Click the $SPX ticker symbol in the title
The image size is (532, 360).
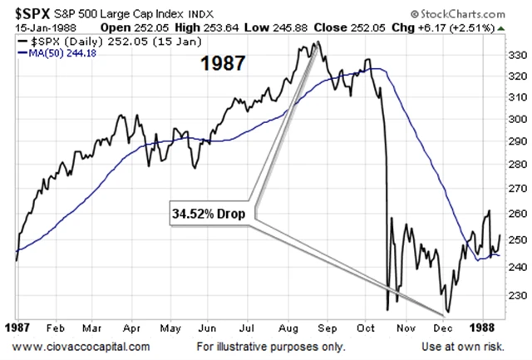(x=31, y=12)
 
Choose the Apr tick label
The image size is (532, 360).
(x=131, y=328)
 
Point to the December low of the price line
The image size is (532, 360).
(x=449, y=313)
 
